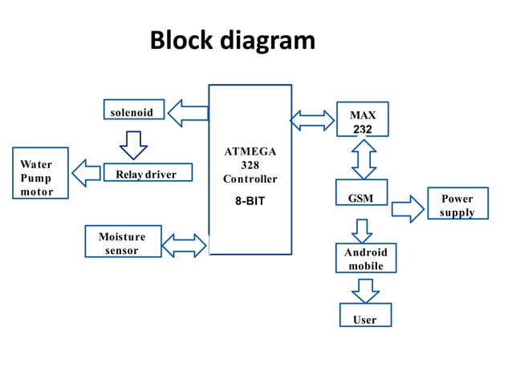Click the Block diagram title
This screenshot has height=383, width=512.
233,40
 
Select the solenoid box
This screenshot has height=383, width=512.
133,111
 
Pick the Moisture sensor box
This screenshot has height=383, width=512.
122,244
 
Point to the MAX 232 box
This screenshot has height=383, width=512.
363,122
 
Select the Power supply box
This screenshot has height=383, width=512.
457,205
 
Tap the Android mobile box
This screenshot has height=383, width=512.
366,259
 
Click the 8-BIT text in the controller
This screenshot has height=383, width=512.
250,202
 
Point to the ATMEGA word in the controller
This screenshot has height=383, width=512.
250,151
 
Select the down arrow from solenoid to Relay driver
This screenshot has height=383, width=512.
132,143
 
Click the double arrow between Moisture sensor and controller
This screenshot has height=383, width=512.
185,244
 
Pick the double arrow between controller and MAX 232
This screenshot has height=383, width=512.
312,120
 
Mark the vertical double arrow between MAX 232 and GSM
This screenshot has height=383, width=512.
364,159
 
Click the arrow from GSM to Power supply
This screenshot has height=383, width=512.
407,209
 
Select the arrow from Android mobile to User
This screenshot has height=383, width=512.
366,288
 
